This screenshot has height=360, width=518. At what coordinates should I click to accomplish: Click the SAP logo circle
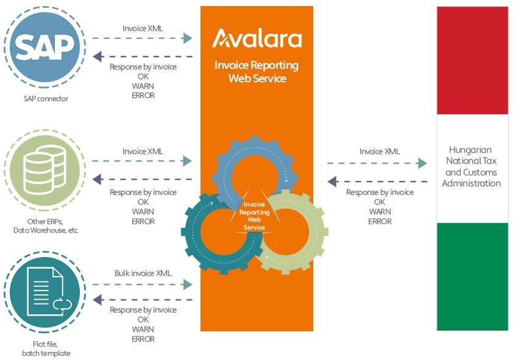pyautogui.click(x=44, y=46)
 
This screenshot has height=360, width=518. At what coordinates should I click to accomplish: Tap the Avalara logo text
pyautogui.click(x=257, y=39)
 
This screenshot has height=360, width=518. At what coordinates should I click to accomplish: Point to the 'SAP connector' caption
pyautogui.click(x=44, y=99)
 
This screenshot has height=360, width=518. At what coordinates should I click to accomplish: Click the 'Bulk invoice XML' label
pyautogui.click(x=143, y=273)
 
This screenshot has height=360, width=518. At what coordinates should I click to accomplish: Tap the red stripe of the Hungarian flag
pyautogui.click(x=472, y=60)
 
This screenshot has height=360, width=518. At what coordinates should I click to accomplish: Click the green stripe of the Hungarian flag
pyautogui.click(x=472, y=277)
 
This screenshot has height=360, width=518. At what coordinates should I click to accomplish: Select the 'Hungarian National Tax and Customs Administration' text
pyautogui.click(x=472, y=166)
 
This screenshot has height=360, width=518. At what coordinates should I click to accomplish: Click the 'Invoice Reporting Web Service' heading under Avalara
pyautogui.click(x=257, y=72)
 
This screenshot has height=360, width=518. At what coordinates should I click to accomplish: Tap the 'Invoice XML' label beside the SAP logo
pyautogui.click(x=143, y=28)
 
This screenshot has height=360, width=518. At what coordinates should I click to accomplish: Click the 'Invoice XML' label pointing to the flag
pyautogui.click(x=380, y=152)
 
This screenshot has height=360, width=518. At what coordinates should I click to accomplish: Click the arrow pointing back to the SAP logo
pyautogui.click(x=143, y=57)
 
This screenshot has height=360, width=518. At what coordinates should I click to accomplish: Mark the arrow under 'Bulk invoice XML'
pyautogui.click(x=143, y=284)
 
